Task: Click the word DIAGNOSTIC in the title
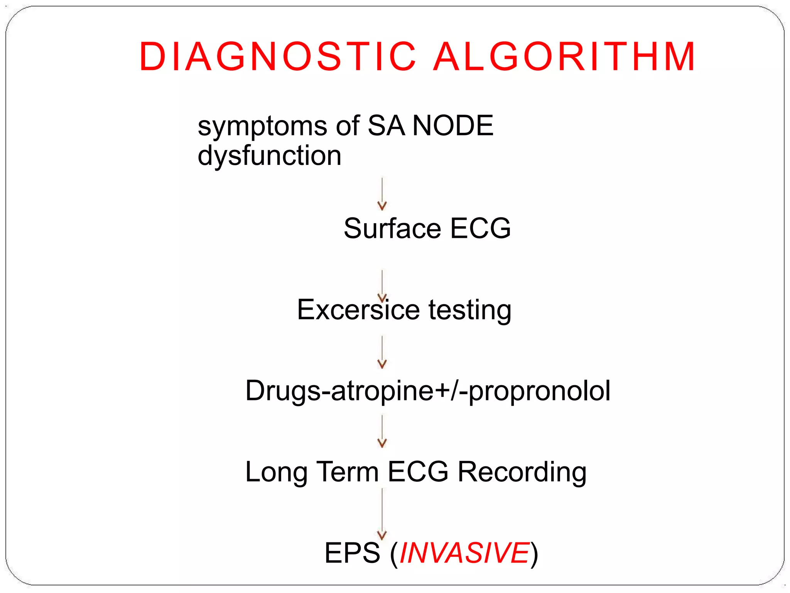pyautogui.click(x=278, y=57)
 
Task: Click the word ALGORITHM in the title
pyautogui.click(x=564, y=57)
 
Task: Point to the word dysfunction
pyautogui.click(x=269, y=156)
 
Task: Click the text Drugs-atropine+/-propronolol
pyautogui.click(x=427, y=391)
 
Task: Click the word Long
pyautogui.click(x=276, y=472)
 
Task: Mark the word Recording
pyautogui.click(x=522, y=472)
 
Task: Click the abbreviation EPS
pyautogui.click(x=352, y=553)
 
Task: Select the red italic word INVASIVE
pyautogui.click(x=464, y=553)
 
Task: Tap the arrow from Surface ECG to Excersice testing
pyautogui.click(x=382, y=286)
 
